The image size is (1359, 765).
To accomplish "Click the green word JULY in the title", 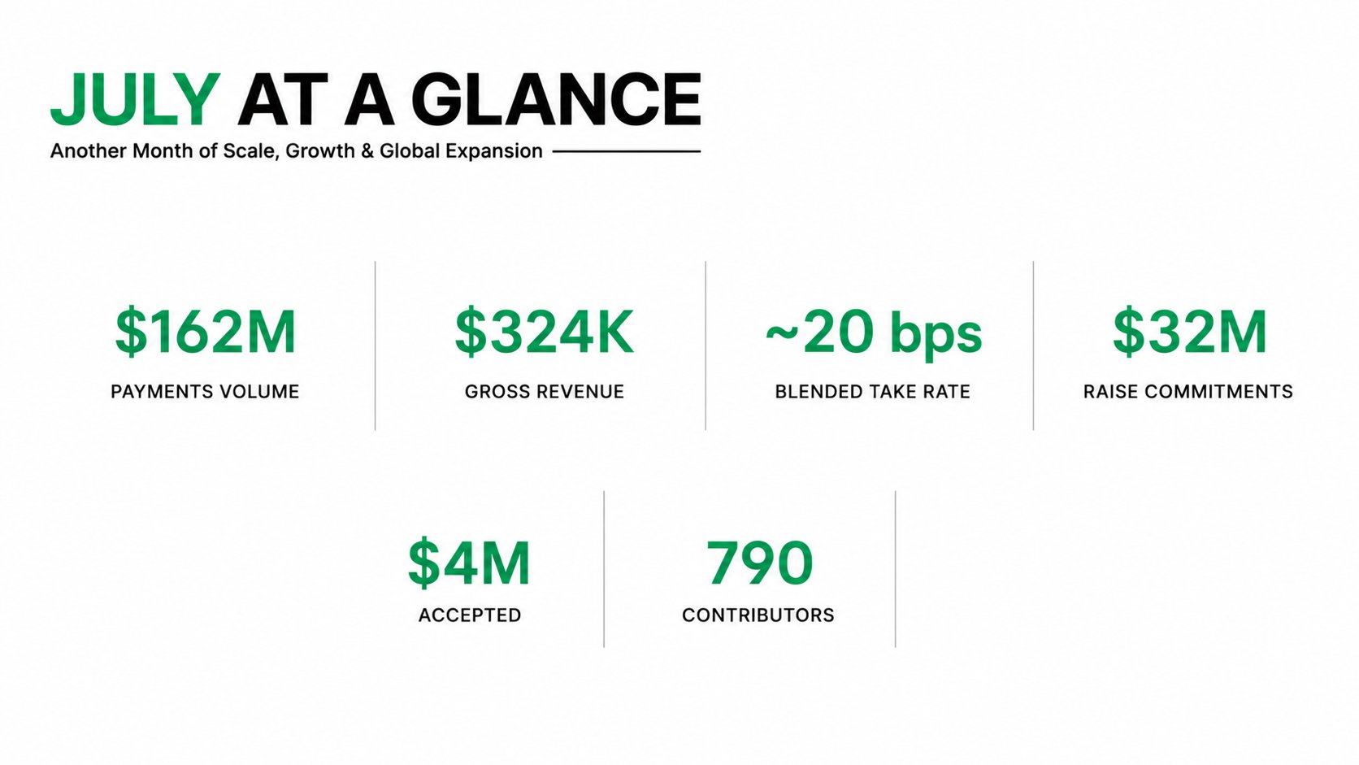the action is tap(135, 99).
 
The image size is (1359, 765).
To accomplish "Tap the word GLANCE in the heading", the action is tap(556, 99).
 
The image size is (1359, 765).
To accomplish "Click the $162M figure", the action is tap(206, 331).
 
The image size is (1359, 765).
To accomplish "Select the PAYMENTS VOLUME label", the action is tap(205, 392).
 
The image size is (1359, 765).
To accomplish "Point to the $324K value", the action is tap(545, 331).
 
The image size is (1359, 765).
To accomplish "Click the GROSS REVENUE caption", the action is tap(545, 392).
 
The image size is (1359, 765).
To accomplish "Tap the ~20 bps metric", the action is tap(873, 333).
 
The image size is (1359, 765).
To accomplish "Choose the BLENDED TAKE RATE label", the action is tap(872, 392).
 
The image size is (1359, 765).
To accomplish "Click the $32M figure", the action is tap(1190, 331).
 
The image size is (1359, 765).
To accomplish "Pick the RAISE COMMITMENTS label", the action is tap(1188, 392).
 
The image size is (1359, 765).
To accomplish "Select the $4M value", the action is tap(469, 562).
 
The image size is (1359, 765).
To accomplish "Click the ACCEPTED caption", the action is tap(470, 615).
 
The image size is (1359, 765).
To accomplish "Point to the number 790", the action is tap(759, 563).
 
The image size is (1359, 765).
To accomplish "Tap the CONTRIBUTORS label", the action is tap(758, 615).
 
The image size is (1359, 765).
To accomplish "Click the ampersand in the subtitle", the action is tap(367, 151).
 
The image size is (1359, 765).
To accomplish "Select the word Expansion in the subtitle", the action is tap(494, 152).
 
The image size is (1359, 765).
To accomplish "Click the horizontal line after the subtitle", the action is tap(627, 151).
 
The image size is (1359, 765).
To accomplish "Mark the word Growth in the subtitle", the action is tap(319, 150).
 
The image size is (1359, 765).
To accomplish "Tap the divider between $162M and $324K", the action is tap(375, 346).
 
